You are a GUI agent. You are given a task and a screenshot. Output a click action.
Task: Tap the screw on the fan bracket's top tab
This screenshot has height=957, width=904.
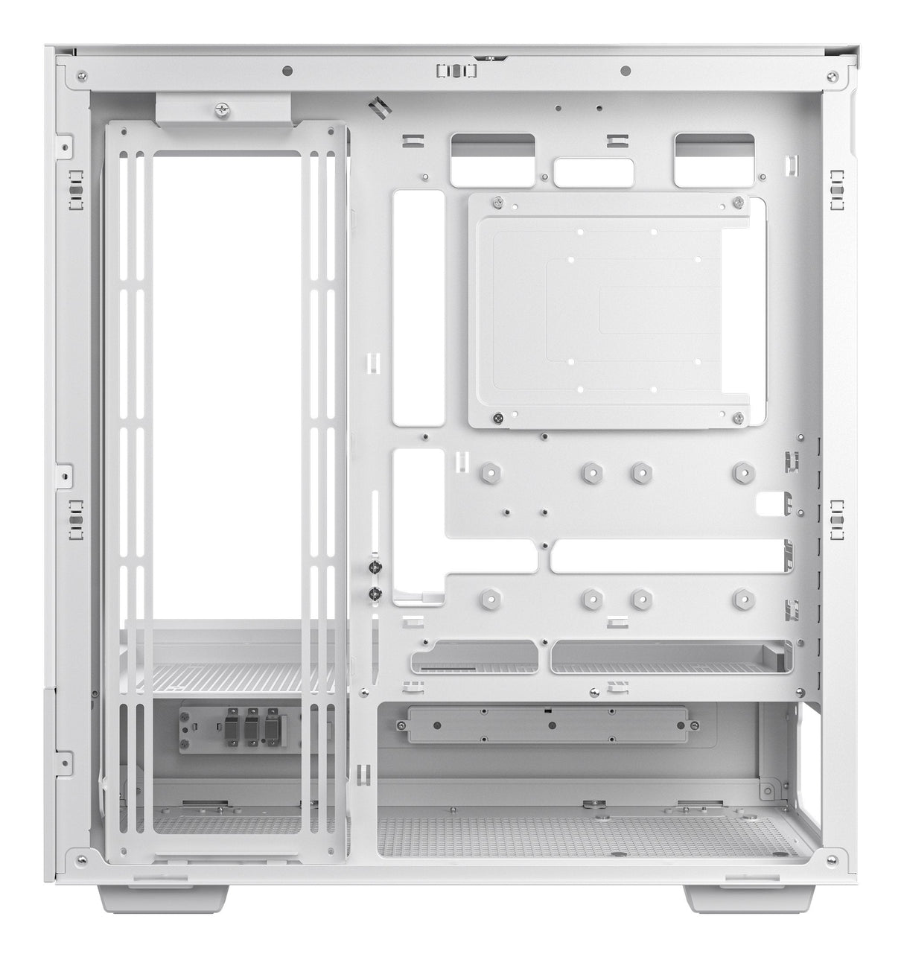coord(220,109)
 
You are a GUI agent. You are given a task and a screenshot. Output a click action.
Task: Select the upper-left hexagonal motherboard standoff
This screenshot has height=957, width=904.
coord(488,471)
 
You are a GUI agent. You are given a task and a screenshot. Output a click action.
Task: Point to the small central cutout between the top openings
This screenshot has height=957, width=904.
coord(593,171)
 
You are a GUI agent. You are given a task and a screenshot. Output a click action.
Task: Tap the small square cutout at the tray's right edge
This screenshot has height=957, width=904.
coord(771,504)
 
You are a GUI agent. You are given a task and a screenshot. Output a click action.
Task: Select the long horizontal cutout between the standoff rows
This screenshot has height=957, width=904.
coord(666,556)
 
